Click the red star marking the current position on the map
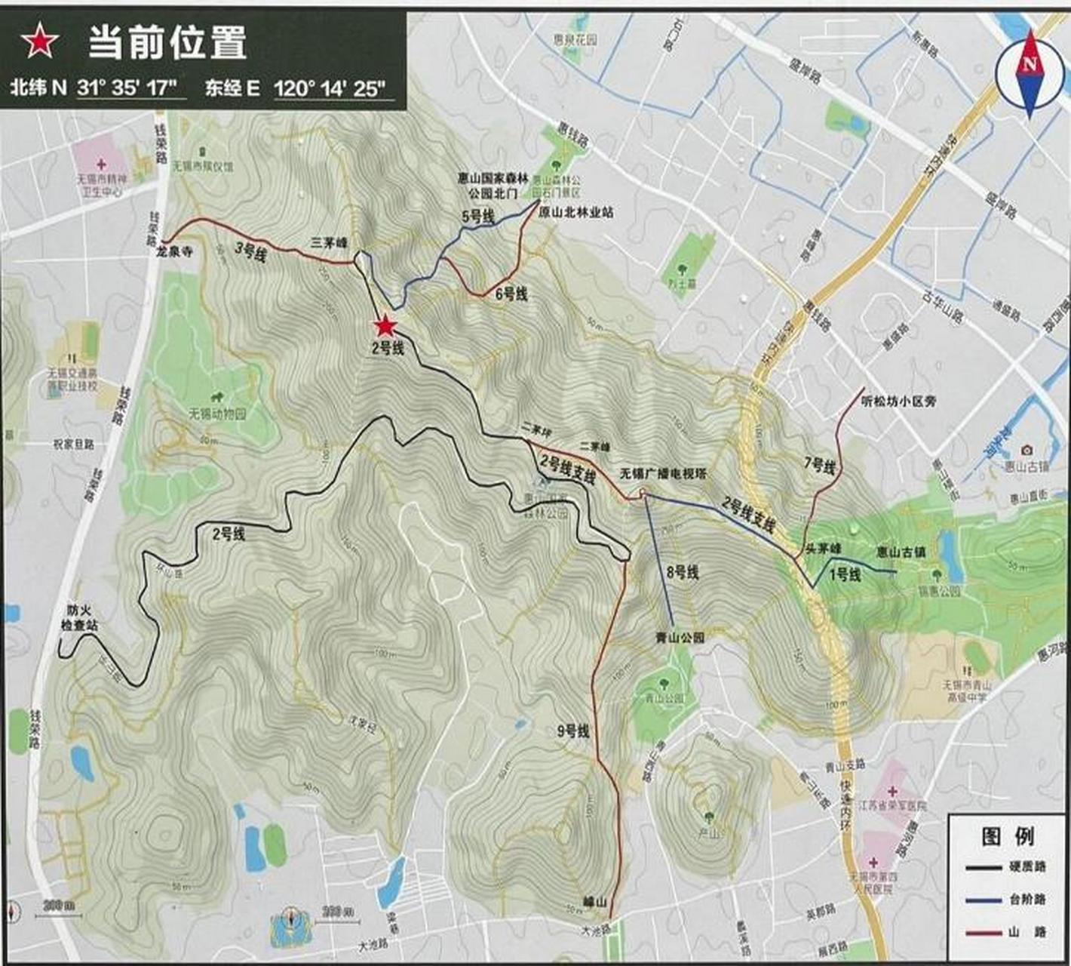tap(385, 326)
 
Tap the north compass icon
tap(1030, 73)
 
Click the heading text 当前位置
tap(167, 42)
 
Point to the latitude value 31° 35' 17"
tap(130, 88)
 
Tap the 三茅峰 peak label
tap(330, 243)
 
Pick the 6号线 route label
tap(511, 294)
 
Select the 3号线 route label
tap(250, 253)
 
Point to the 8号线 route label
tap(682, 573)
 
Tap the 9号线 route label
tap(573, 731)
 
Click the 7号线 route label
tap(820, 466)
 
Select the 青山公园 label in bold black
tap(680, 638)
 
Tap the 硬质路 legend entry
tap(1027, 866)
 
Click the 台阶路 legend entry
tap(1027, 899)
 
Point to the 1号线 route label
tap(845, 575)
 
